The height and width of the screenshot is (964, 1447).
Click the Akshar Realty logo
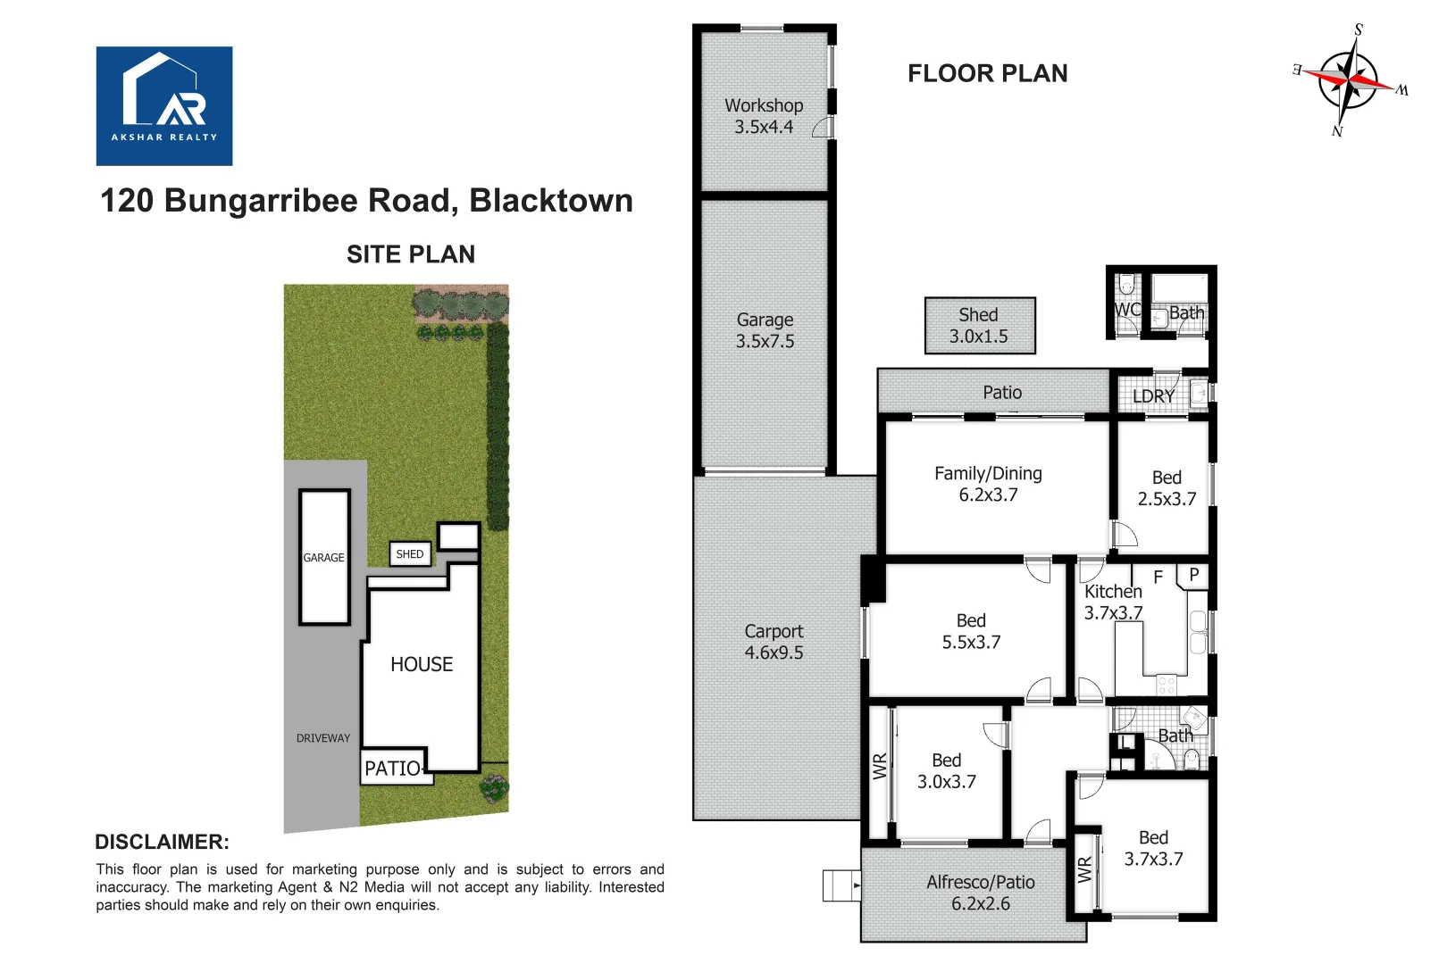164,105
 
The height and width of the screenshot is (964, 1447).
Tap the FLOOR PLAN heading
987,73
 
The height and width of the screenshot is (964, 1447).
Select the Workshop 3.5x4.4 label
764,116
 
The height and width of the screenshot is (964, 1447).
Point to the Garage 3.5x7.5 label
765,330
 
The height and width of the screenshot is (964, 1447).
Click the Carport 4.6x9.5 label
774,642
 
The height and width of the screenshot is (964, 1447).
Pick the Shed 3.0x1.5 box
979,326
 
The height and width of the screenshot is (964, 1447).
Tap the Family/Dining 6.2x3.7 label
988,484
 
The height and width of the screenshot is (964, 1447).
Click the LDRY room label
1153,395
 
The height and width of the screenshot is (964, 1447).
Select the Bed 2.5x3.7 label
1167,488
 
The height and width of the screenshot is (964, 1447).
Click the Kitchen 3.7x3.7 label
1113,602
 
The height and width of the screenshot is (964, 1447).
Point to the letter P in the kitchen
1194,575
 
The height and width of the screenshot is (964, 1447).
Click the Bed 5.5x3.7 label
971,631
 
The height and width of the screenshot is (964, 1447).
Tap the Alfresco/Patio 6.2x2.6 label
980,893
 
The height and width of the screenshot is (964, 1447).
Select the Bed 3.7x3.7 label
1153,848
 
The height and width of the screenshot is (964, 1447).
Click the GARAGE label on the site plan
323,558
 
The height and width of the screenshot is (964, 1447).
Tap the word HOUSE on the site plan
422,664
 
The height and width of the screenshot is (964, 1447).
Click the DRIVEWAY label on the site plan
323,738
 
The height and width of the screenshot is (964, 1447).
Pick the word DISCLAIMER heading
162,842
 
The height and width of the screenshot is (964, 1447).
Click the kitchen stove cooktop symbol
1167,685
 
